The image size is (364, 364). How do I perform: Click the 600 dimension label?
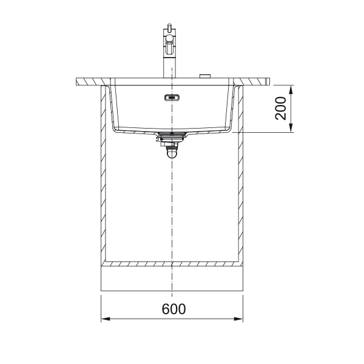tap(174, 309)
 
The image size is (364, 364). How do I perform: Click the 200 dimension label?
tap(280, 109)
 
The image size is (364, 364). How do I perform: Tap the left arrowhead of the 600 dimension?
tap(106, 319)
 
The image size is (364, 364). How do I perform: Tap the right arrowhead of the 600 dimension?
tap(238, 319)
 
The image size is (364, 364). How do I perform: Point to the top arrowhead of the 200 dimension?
tap(291, 89)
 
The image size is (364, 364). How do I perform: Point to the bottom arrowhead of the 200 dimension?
tap(291, 128)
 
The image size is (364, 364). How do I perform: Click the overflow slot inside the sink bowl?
tap(172, 98)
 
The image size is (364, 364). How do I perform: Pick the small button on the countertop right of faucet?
tap(205, 76)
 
